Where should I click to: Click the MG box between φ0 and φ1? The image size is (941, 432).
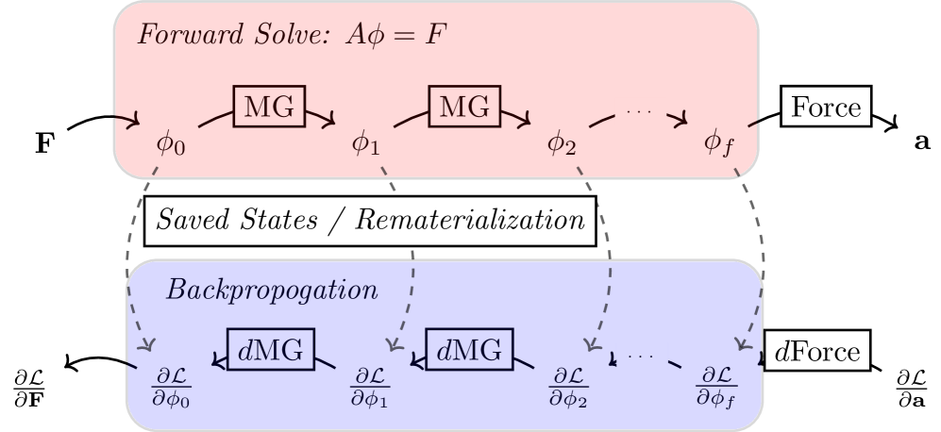[x=269, y=107]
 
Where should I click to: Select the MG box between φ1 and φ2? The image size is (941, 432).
[x=464, y=107]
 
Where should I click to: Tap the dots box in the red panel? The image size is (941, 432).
[x=640, y=111]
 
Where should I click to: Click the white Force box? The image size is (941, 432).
[x=826, y=107]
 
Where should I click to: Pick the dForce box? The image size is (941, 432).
[x=816, y=352]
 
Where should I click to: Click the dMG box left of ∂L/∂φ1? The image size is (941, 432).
[x=270, y=350]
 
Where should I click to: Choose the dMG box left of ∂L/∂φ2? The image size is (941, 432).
[x=468, y=350]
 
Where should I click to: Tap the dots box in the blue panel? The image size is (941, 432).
[x=642, y=356]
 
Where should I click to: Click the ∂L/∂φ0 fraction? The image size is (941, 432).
[x=171, y=387]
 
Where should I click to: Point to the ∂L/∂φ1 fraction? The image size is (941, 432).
[x=369, y=387]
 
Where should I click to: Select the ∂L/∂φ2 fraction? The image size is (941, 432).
[x=568, y=387]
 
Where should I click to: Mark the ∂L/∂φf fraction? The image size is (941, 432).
[x=715, y=387]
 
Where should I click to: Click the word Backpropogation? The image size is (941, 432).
[x=272, y=290]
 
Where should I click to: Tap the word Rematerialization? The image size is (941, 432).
[x=469, y=220]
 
